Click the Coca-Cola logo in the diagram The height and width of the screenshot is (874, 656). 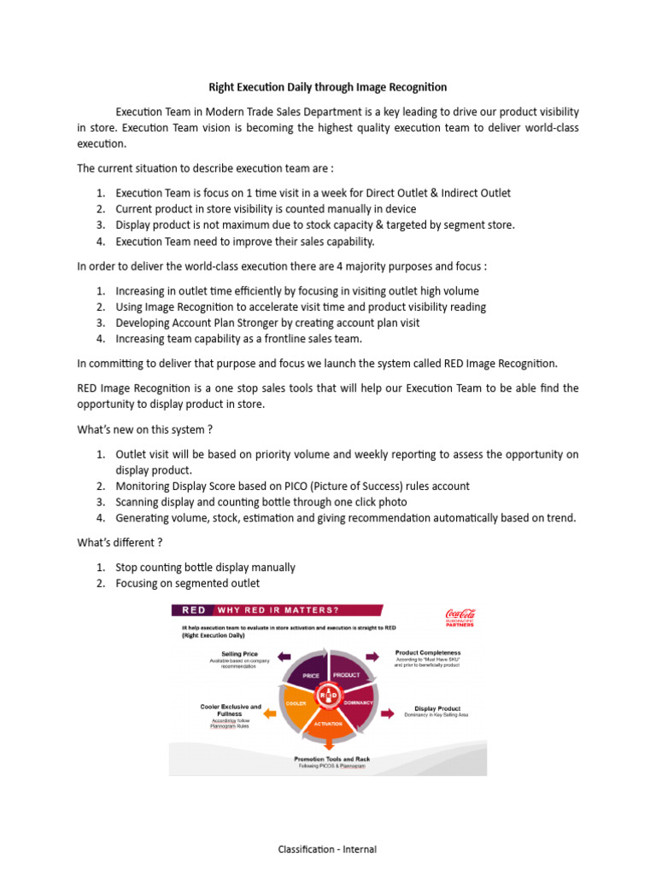pos(460,616)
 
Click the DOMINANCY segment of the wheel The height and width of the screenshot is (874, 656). pos(359,702)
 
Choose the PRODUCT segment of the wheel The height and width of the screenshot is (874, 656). pos(346,673)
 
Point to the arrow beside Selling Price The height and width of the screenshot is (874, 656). pos(272,656)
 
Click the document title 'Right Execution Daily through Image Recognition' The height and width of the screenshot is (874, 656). pos(328,87)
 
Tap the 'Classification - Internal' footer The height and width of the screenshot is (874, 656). pos(327,849)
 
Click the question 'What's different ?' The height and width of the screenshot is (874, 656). pos(120,542)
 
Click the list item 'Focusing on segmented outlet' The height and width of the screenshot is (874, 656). pos(187,583)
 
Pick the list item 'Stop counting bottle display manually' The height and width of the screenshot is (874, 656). pos(205,567)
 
